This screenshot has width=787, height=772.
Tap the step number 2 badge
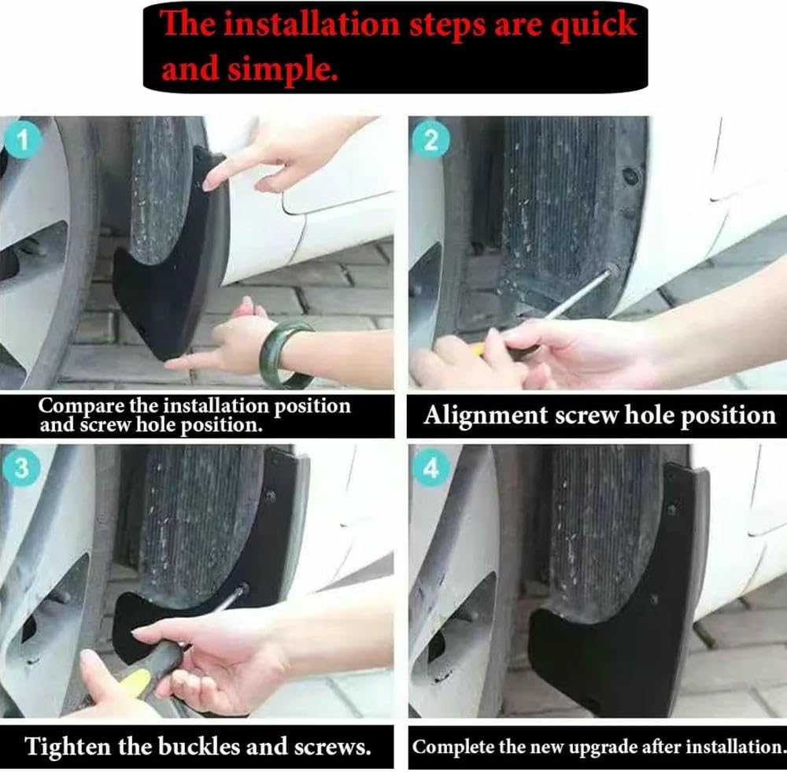[430, 141]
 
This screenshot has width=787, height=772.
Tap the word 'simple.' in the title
[283, 70]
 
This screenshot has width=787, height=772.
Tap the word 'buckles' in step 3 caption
[194, 746]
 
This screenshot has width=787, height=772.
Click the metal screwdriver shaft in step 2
[578, 295]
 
